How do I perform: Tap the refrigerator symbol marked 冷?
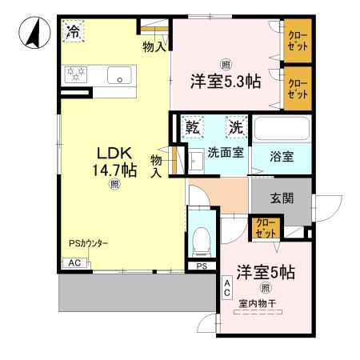pyautogui.click(x=73, y=33)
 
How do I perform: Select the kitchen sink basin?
pyautogui.click(x=120, y=76)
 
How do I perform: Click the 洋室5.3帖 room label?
pyautogui.click(x=225, y=82)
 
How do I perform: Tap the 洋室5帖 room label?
pyautogui.click(x=263, y=272)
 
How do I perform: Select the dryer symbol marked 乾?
pyautogui.click(x=192, y=127)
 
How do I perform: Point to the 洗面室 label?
pyautogui.click(x=226, y=153)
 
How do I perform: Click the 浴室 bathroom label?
pyautogui.click(x=281, y=157)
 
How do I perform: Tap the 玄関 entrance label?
pyautogui.click(x=282, y=198)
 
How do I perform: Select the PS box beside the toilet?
pyautogui.click(x=202, y=266)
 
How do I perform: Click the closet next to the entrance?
pyautogui.click(x=264, y=228)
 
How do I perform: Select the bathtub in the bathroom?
pyautogui.click(x=281, y=129)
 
